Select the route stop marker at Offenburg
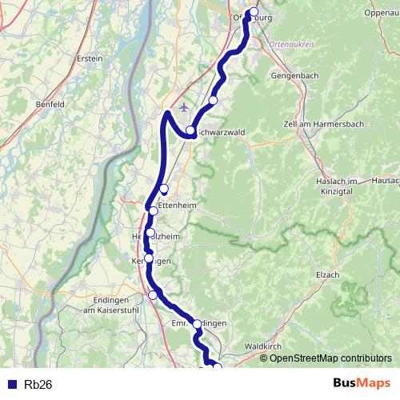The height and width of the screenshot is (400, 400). click(x=254, y=13)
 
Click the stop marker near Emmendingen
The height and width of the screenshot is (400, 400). click(x=198, y=324)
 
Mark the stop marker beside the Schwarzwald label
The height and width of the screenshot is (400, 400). click(x=190, y=130)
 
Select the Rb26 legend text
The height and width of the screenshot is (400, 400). click(x=38, y=384)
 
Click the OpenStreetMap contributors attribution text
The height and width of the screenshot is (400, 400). click(x=330, y=358)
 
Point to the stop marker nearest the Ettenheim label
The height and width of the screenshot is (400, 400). click(x=154, y=210)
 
